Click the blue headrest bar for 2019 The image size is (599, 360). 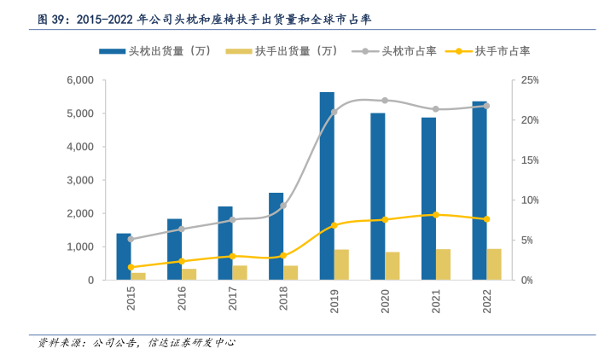[x=327, y=185]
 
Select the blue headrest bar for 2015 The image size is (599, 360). [x=124, y=256]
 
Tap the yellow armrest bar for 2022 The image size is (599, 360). [x=494, y=264]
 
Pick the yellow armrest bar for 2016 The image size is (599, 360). [x=189, y=274]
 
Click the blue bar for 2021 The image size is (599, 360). [x=428, y=198]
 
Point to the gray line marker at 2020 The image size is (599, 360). [x=385, y=101]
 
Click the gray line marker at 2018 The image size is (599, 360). [x=283, y=206]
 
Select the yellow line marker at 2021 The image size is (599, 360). [x=436, y=215]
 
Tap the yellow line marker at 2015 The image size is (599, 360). [x=131, y=267]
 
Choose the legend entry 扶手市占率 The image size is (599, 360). [x=503, y=51]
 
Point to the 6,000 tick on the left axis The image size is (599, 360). [x=79, y=80]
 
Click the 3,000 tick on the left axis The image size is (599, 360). [x=79, y=180]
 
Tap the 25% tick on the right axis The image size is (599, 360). [x=530, y=80]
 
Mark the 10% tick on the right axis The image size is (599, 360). [x=530, y=200]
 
